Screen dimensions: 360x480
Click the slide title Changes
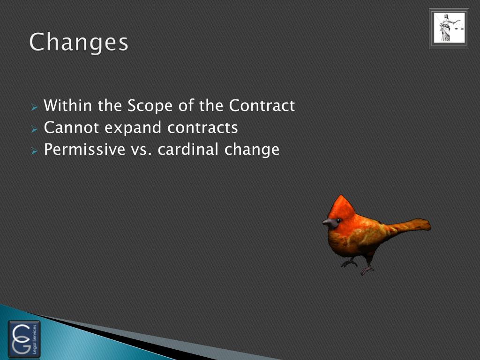[x=79, y=43]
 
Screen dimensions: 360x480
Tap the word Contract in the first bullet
[x=262, y=105]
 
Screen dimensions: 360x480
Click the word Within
[x=69, y=105]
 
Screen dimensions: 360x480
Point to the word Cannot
[x=70, y=127]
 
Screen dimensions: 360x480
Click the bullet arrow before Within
[x=34, y=107]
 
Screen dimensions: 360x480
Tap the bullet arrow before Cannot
[x=34, y=129]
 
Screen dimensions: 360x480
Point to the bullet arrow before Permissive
[x=34, y=151]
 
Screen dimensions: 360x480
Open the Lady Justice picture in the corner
[x=449, y=28]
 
